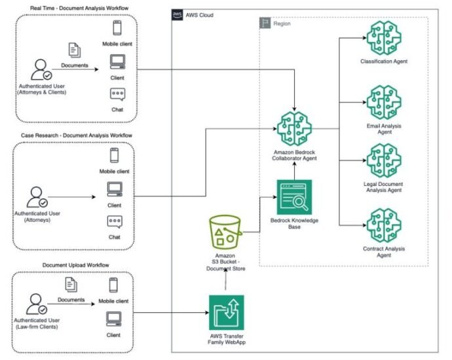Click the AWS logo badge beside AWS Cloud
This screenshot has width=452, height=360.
pyautogui.click(x=177, y=14)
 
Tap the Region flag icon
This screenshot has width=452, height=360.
pyautogui.click(x=265, y=23)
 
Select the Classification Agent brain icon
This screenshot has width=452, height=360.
pyautogui.click(x=384, y=38)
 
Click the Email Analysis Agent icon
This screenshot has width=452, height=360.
pyautogui.click(x=384, y=102)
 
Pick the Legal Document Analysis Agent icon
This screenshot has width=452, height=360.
pyautogui.click(x=384, y=160)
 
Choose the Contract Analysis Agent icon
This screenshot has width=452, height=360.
pyautogui.click(x=384, y=225)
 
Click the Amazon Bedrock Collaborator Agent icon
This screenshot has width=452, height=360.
pyautogui.click(x=294, y=129)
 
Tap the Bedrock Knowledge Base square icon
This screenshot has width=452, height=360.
pyautogui.click(x=294, y=197)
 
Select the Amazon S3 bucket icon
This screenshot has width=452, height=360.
pyautogui.click(x=225, y=232)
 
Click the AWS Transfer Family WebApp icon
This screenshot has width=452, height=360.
pyautogui.click(x=226, y=312)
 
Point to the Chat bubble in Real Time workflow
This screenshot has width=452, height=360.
pyautogui.click(x=118, y=94)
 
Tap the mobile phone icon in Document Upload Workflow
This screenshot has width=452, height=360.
pyautogui.click(x=113, y=285)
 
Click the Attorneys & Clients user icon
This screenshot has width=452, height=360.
pyautogui.click(x=41, y=69)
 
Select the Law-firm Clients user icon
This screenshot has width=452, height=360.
pyautogui.click(x=36, y=304)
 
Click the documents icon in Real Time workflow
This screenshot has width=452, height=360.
pyautogui.click(x=75, y=50)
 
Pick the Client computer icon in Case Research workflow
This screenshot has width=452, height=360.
pyautogui.click(x=115, y=189)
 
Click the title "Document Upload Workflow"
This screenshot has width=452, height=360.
pyautogui.click(x=76, y=265)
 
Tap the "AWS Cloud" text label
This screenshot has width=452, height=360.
pyautogui.click(x=200, y=15)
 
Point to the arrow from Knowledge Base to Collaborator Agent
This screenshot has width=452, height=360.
pyautogui.click(x=294, y=170)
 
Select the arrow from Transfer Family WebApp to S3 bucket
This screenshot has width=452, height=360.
pyautogui.click(x=225, y=279)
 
